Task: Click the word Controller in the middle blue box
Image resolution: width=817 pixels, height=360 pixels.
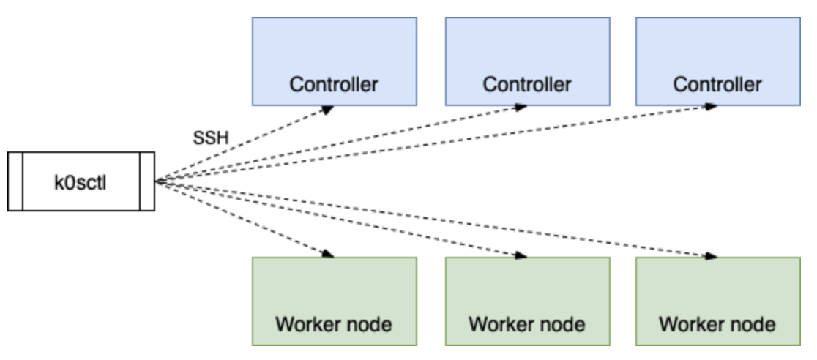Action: [526, 84]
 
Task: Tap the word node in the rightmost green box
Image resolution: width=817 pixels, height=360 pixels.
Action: [752, 323]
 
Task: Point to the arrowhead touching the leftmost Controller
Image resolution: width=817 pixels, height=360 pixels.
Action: [327, 109]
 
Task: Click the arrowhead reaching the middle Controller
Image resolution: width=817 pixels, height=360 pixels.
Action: [521, 108]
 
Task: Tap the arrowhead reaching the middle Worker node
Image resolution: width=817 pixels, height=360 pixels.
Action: [521, 255]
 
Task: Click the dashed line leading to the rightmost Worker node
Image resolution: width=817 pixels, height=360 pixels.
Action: [439, 219]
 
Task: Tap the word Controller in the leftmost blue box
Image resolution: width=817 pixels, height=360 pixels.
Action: [334, 84]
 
